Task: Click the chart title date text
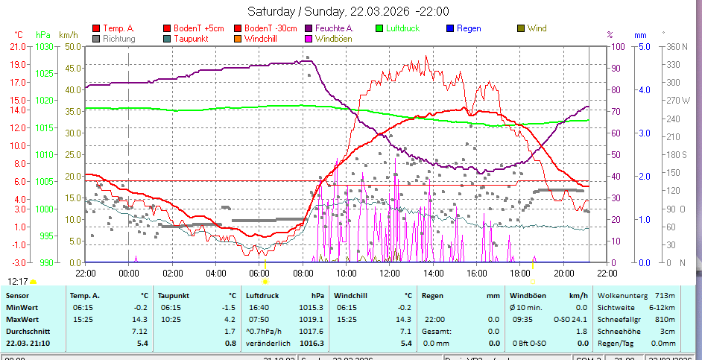pos(348,11)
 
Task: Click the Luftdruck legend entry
pos(402,28)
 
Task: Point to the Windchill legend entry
pos(262,38)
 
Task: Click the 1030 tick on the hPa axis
pos(44,46)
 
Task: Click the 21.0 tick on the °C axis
pos(18,46)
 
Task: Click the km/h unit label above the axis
pos(68,34)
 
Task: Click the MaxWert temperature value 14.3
pos(139,319)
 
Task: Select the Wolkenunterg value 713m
pos(664,295)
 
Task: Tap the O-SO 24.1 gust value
pos(570,319)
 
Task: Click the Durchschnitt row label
pos(28,331)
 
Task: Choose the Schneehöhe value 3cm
pos(667,331)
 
